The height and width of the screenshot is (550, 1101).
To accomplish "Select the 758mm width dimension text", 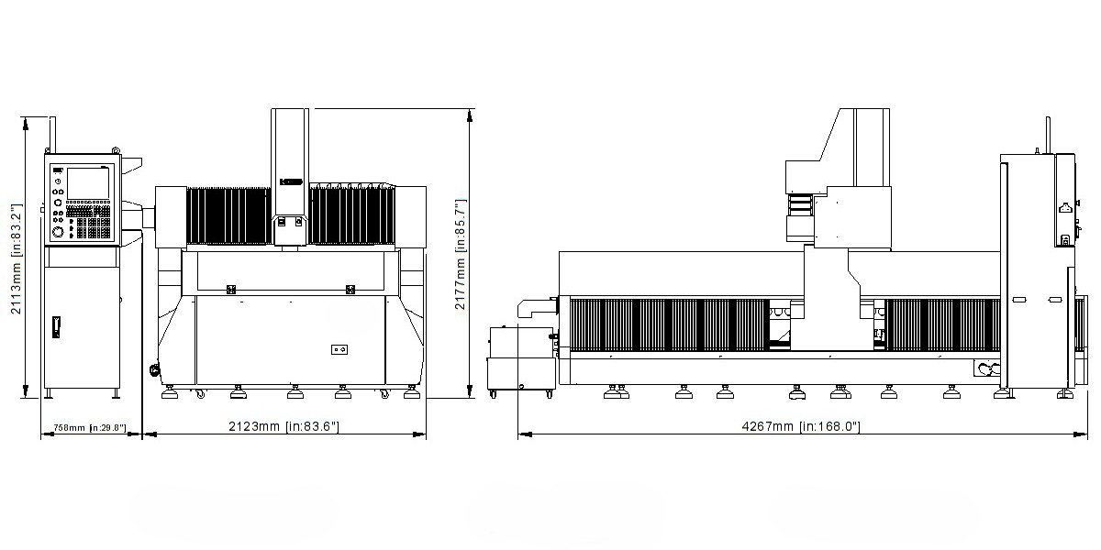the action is click(x=90, y=428).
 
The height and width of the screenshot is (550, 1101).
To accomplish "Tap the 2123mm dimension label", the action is click(x=284, y=426).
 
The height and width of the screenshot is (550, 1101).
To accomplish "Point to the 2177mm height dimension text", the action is click(x=460, y=254).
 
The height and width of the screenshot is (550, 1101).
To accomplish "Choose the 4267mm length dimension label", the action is click(x=801, y=426).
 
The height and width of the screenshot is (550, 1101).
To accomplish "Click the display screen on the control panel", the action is click(x=88, y=183).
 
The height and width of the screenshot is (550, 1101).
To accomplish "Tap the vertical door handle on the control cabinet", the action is click(x=56, y=327).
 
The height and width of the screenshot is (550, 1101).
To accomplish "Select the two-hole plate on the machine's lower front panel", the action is click(x=339, y=349).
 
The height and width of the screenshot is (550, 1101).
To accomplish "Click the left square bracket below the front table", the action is click(x=231, y=290).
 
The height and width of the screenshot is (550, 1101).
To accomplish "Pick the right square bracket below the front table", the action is click(x=350, y=290).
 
